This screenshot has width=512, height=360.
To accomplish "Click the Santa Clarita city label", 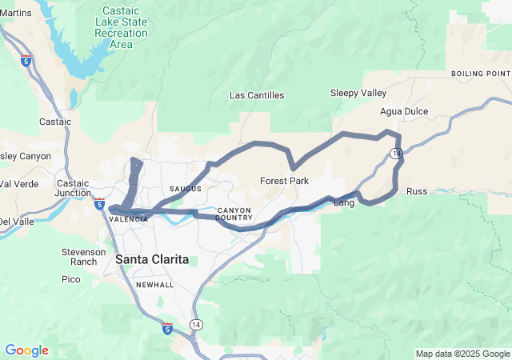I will [x=152, y=259].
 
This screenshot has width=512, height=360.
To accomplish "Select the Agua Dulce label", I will [x=404, y=111].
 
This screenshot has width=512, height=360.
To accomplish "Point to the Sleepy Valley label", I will [x=358, y=93].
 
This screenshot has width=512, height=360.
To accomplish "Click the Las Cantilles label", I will [x=257, y=95].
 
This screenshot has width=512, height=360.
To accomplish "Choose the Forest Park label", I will [x=284, y=181].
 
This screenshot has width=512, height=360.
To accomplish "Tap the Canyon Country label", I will [x=234, y=214].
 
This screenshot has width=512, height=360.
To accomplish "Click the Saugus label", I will [x=185, y=189].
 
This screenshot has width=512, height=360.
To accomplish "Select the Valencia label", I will [x=129, y=219].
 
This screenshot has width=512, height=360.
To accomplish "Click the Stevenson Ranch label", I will [x=84, y=257].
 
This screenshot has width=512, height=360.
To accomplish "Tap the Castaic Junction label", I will [x=73, y=188].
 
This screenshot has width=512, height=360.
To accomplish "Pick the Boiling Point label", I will [x=480, y=74].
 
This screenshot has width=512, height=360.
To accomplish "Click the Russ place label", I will [x=417, y=191].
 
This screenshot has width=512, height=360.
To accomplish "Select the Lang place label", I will [x=343, y=203].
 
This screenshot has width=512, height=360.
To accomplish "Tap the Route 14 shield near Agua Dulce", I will [x=396, y=152].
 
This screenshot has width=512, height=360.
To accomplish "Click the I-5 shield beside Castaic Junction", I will [x=99, y=204].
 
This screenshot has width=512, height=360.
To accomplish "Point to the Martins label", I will [x=16, y=14].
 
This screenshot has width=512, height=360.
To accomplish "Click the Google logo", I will [x=26, y=350].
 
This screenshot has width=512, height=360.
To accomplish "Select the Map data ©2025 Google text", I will [x=462, y=354].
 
